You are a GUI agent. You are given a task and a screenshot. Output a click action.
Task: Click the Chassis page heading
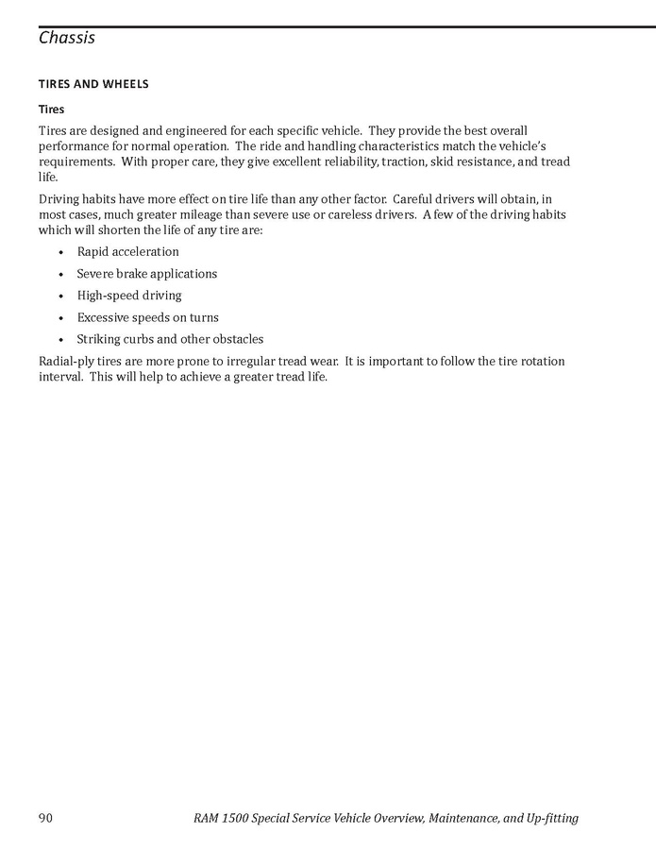coord(67,39)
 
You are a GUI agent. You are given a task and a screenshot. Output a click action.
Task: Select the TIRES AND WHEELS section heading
coord(93,84)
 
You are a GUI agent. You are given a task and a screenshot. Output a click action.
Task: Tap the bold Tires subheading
coord(51,110)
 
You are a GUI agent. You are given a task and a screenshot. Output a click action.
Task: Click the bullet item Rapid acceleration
coord(127,252)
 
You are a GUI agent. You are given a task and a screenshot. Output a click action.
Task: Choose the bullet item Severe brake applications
coord(146,274)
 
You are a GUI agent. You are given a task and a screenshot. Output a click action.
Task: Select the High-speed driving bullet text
coord(129,296)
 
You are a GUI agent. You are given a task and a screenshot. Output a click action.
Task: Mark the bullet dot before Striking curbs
coord(61,340)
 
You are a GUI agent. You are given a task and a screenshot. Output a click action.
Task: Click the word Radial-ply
coord(67,362)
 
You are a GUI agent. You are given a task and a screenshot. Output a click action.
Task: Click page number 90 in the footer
coord(45,818)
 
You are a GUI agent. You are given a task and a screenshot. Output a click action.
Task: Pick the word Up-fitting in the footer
coord(549,818)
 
